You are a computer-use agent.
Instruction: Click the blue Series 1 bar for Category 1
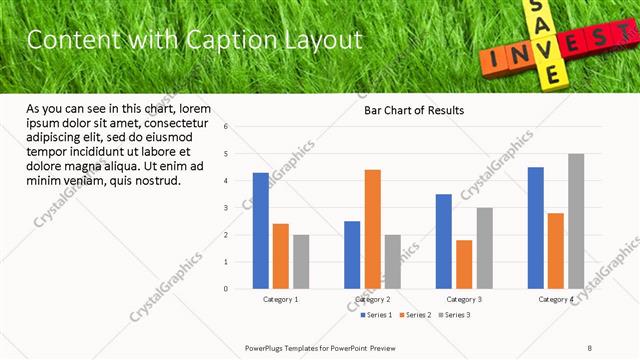tap(261, 230)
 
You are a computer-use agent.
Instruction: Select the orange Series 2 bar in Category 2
tap(372, 229)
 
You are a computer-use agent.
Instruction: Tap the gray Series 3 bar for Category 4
tap(576, 221)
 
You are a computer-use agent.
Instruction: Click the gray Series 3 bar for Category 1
tap(301, 261)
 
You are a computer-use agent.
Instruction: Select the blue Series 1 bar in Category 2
tap(352, 254)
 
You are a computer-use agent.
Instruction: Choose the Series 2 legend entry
tap(414, 315)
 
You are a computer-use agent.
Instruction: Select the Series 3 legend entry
tap(453, 315)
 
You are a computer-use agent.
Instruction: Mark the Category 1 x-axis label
tap(281, 299)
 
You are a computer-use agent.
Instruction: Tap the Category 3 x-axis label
tap(464, 299)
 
